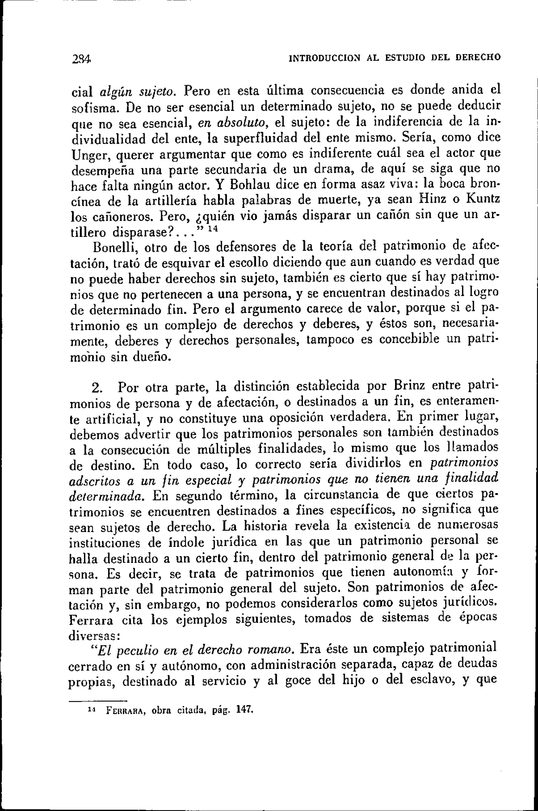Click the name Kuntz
pyautogui.click(x=483, y=200)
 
